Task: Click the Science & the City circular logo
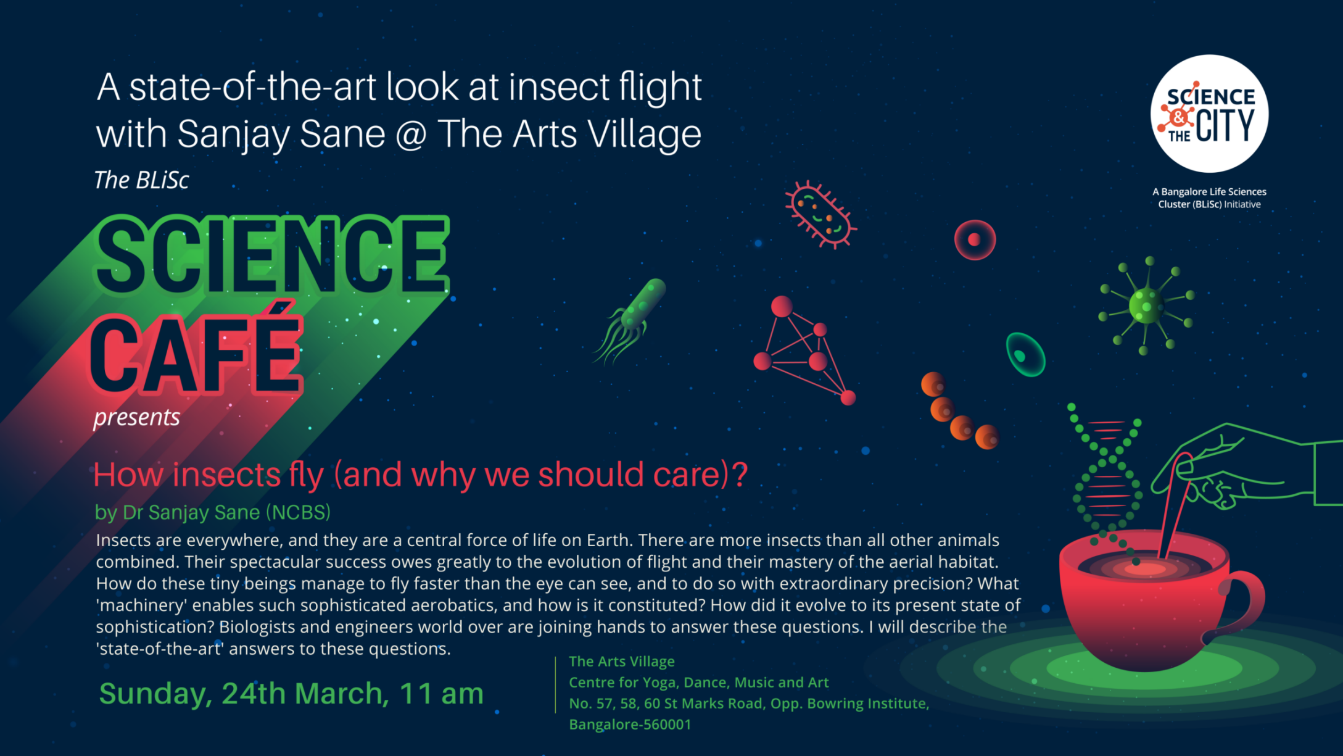[x=1209, y=114]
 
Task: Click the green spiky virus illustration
[x=1146, y=306]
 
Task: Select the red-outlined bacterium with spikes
[x=820, y=214]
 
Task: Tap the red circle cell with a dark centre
[x=975, y=239]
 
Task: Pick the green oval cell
[x=1025, y=354]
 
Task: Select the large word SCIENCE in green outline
[x=271, y=255]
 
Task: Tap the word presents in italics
[x=137, y=418]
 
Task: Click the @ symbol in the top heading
[x=411, y=134]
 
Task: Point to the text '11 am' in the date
[x=441, y=693]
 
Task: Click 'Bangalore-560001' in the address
[x=630, y=725]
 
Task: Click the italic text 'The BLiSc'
[x=141, y=180]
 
